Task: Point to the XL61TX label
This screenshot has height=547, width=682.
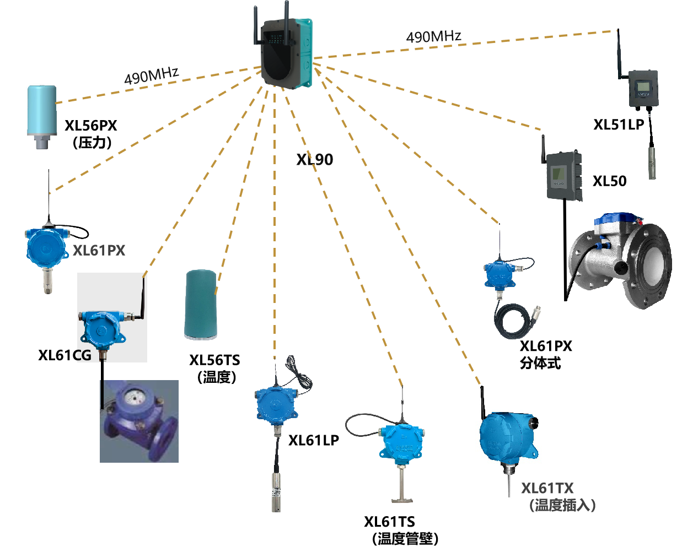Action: pos(547,488)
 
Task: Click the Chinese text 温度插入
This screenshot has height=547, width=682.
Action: pos(562,505)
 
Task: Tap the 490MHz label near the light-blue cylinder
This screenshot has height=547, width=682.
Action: pos(151,77)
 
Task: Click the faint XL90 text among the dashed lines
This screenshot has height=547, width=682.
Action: pos(315,160)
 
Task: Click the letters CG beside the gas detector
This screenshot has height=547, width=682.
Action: pos(84,355)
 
